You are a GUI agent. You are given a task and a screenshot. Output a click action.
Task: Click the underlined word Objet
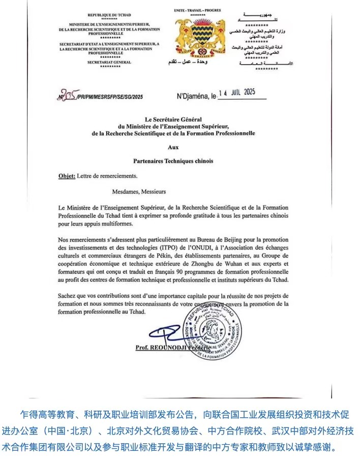click(66, 176)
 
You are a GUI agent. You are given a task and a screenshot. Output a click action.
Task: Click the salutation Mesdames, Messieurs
click(139, 192)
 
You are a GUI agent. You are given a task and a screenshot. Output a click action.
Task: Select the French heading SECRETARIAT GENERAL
click(109, 62)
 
